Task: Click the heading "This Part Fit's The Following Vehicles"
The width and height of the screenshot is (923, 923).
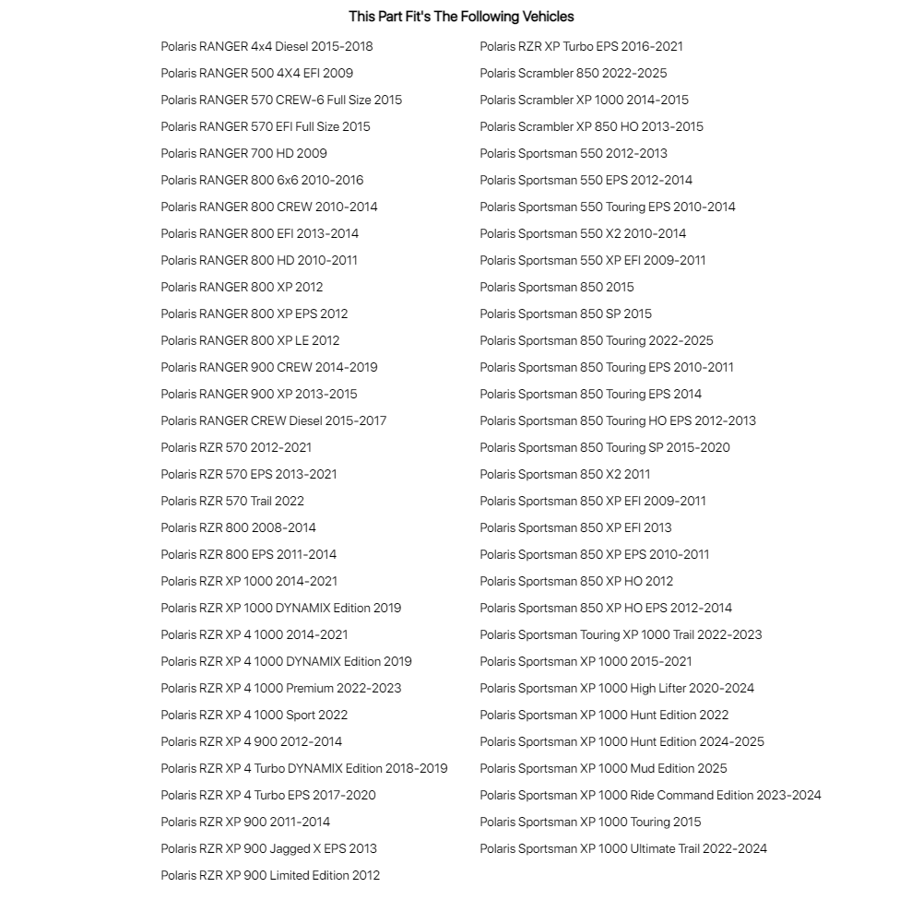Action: click(x=461, y=17)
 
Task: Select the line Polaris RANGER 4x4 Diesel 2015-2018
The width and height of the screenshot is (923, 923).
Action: click(x=266, y=46)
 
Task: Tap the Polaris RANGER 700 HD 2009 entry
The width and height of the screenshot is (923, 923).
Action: click(x=243, y=153)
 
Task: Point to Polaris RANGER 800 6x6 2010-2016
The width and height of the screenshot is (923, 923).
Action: click(x=262, y=180)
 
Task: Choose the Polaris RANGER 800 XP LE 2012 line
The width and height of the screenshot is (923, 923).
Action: click(x=250, y=340)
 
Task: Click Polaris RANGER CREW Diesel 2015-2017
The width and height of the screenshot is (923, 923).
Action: click(x=273, y=420)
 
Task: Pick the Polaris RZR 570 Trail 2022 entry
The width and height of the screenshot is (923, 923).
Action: click(x=232, y=501)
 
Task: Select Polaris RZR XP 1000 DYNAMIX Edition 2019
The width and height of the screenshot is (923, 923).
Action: click(x=280, y=608)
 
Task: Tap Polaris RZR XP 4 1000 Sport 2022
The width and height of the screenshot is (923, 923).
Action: click(x=254, y=715)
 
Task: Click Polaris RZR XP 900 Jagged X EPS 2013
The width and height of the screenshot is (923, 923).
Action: click(x=268, y=848)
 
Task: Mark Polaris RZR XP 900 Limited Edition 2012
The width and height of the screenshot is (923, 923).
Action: click(x=270, y=875)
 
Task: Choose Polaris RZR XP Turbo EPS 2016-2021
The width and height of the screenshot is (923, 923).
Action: click(x=581, y=46)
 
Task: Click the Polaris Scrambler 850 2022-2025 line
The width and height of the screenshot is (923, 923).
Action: click(x=573, y=73)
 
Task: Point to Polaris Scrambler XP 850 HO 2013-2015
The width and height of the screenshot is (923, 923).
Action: click(x=591, y=126)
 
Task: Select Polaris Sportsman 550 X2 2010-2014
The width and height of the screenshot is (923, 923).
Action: click(x=583, y=233)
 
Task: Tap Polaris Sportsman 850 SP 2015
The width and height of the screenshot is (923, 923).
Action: click(x=565, y=314)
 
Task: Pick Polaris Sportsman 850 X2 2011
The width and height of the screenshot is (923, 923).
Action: click(x=564, y=474)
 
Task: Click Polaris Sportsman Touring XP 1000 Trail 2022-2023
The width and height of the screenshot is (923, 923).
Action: click(x=621, y=634)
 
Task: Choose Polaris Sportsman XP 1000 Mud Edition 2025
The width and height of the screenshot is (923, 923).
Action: click(x=603, y=768)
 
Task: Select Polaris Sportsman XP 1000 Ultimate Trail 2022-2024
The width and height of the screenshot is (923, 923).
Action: click(x=623, y=848)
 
